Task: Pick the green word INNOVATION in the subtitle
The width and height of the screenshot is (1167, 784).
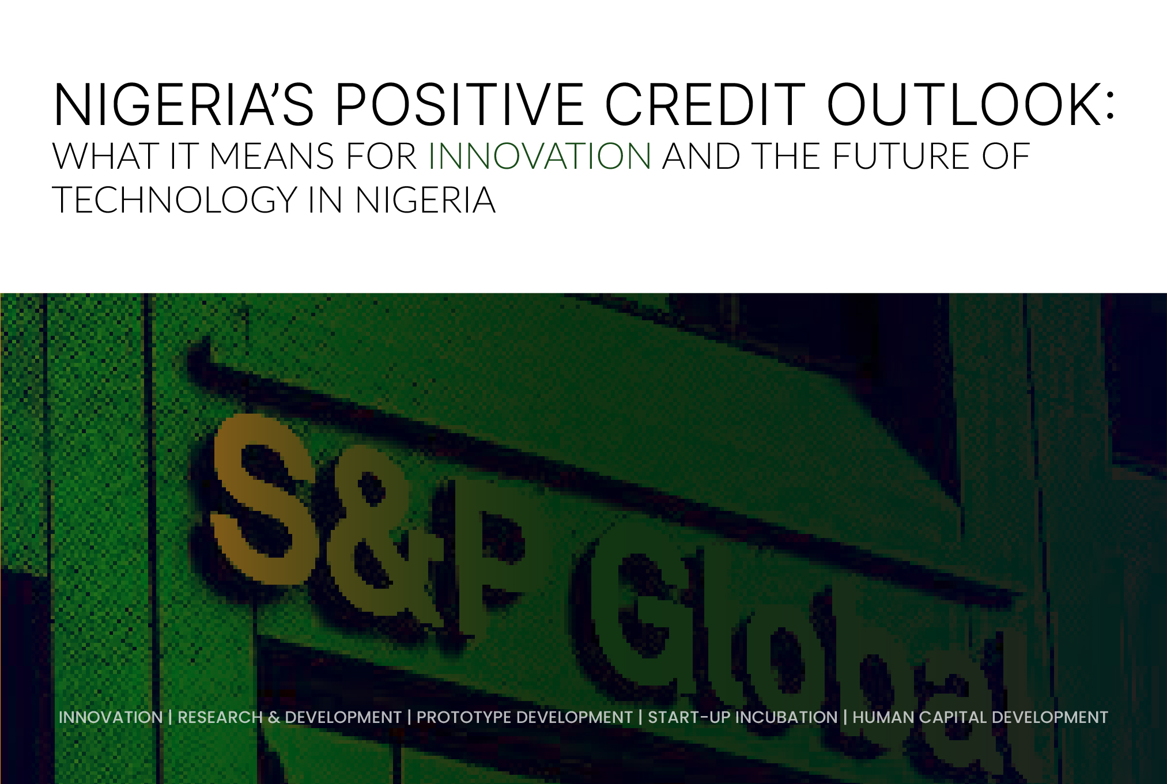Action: [x=539, y=156]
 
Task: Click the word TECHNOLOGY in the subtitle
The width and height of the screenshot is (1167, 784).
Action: [x=175, y=200]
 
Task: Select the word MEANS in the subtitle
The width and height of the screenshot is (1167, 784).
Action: [x=271, y=156]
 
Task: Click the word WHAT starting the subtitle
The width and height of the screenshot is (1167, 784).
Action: [x=105, y=156]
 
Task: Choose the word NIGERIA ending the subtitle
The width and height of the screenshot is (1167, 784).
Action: [x=425, y=200]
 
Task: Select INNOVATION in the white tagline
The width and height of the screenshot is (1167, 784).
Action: [x=111, y=717]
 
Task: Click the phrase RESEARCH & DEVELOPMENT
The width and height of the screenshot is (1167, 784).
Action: [x=289, y=717]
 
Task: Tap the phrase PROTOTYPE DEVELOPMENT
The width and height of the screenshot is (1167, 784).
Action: [x=524, y=717]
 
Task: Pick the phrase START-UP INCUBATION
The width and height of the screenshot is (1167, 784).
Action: [x=742, y=717]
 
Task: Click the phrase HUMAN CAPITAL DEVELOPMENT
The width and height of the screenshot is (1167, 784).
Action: [x=980, y=717]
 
